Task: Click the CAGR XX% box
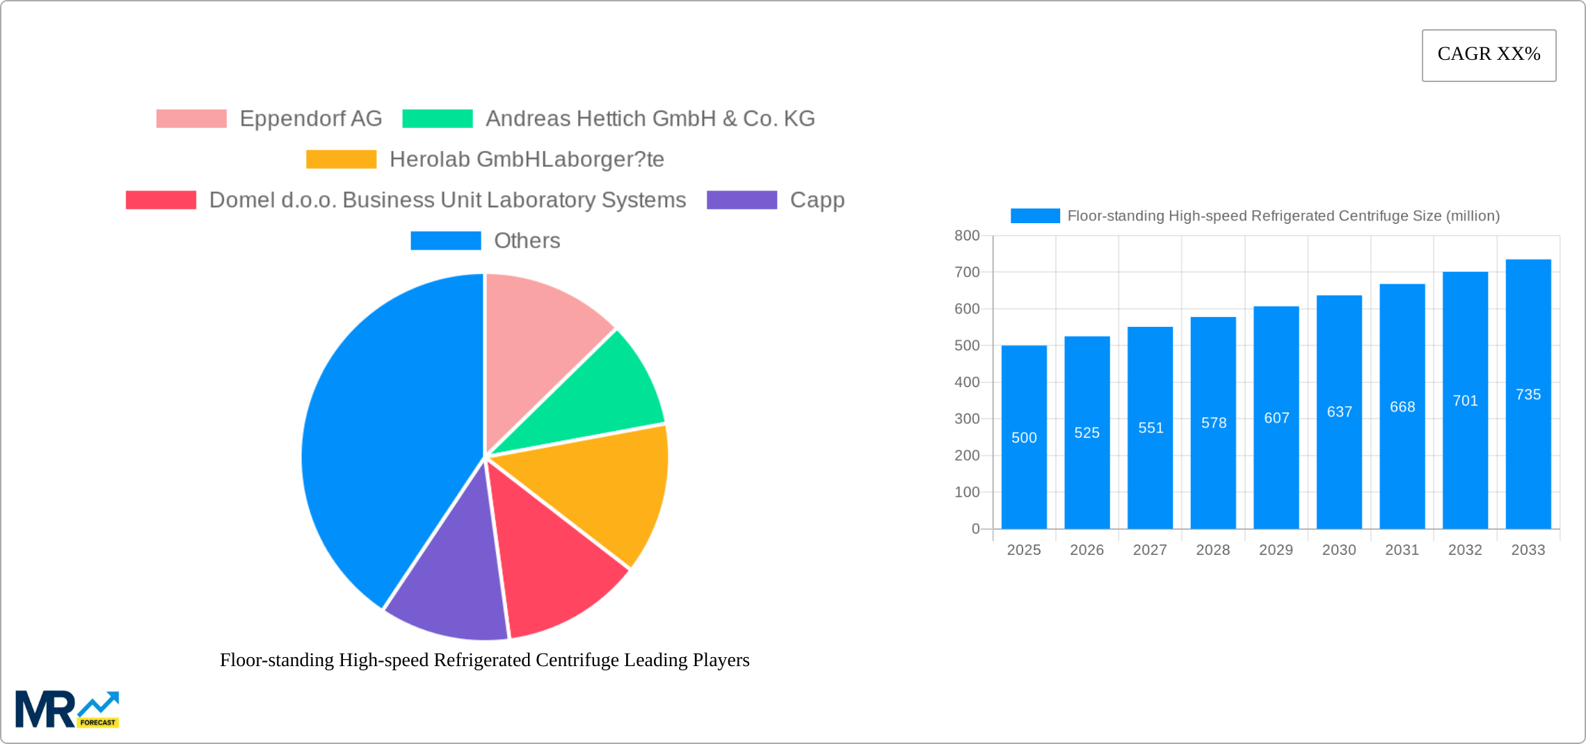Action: point(1489,55)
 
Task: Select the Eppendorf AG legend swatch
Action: point(191,119)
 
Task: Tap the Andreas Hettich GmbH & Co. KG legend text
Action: point(650,119)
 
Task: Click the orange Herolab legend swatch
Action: point(341,159)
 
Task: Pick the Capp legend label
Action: point(817,200)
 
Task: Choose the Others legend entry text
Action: point(527,241)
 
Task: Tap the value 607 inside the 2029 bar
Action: point(1276,418)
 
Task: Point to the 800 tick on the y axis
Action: point(967,236)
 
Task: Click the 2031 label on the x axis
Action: point(1402,550)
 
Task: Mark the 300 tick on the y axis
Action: point(967,419)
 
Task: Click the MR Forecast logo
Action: point(67,709)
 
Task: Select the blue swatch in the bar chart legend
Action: point(1035,216)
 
